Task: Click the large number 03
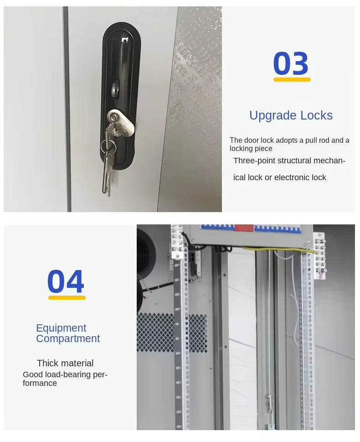291,63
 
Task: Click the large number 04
66,281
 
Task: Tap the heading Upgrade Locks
291,115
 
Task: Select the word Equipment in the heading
61,328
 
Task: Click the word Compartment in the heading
68,338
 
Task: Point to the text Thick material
65,363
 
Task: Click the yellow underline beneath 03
292,79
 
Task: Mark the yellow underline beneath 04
67,298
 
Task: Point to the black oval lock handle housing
121,96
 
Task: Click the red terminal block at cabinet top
244,228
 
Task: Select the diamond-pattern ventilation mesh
172,333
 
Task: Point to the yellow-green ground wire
279,250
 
